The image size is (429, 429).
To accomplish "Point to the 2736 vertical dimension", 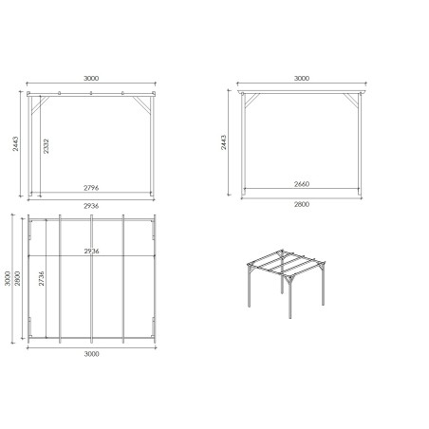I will pyautogui.click(x=41, y=283).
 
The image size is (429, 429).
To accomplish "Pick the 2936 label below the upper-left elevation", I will pyautogui.click(x=91, y=206).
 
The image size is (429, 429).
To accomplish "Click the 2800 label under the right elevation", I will pyautogui.click(x=302, y=206).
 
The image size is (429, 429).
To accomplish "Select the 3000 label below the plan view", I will pyautogui.click(x=91, y=353).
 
